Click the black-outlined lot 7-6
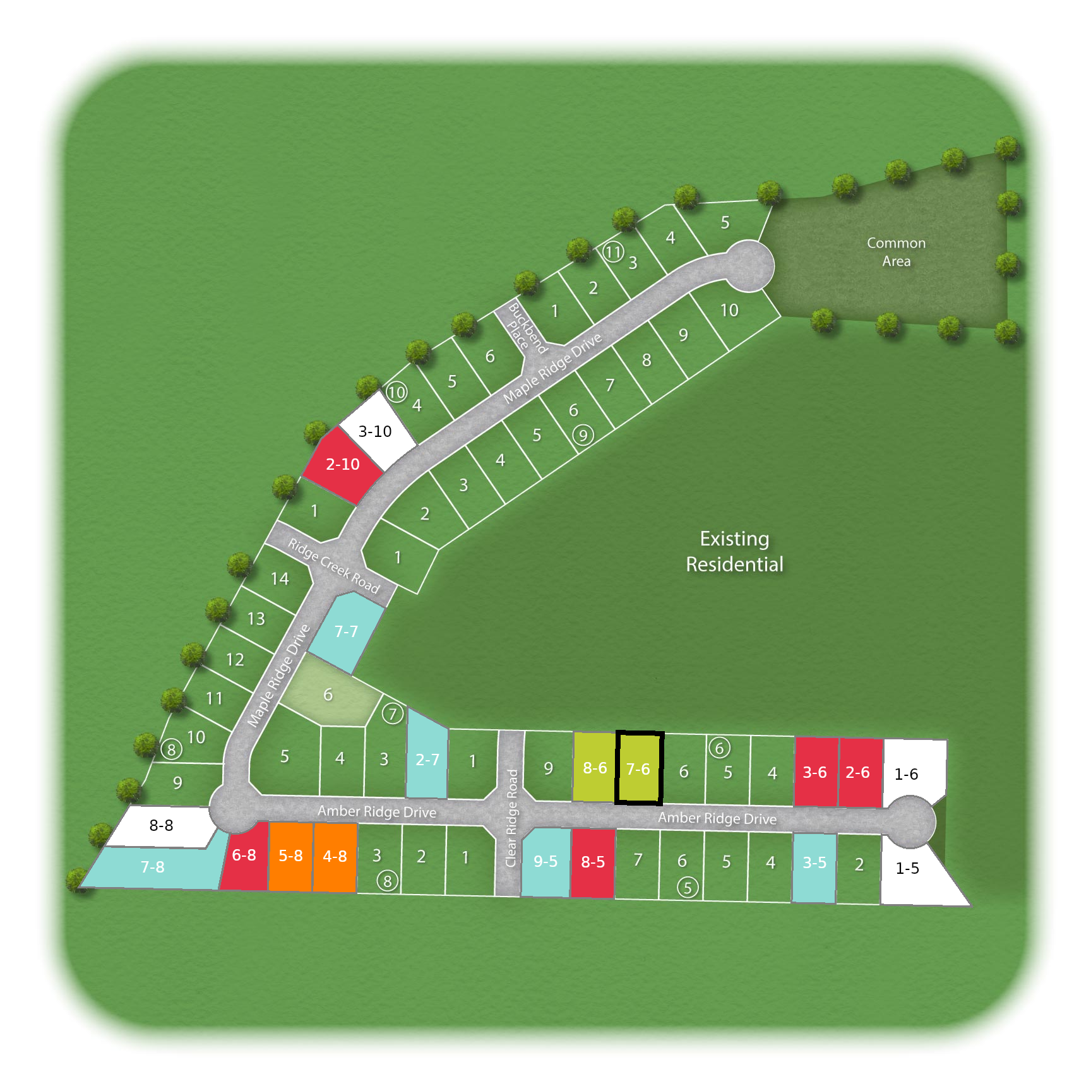(x=638, y=768)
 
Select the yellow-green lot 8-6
(x=594, y=767)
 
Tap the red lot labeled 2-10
(x=342, y=465)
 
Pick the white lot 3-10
(x=376, y=431)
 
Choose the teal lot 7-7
(x=346, y=631)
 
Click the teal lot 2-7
(x=427, y=760)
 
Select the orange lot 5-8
(x=290, y=856)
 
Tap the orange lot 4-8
(x=335, y=857)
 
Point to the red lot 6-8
(x=244, y=856)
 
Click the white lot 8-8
(x=161, y=825)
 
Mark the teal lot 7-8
(x=153, y=867)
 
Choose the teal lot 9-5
(x=545, y=862)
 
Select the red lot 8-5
(x=593, y=862)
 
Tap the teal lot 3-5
(x=814, y=863)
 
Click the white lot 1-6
(x=907, y=775)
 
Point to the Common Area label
(x=896, y=252)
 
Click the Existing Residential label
(x=735, y=551)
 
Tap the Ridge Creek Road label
(x=334, y=566)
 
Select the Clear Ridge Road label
(x=512, y=818)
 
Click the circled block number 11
(x=613, y=252)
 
